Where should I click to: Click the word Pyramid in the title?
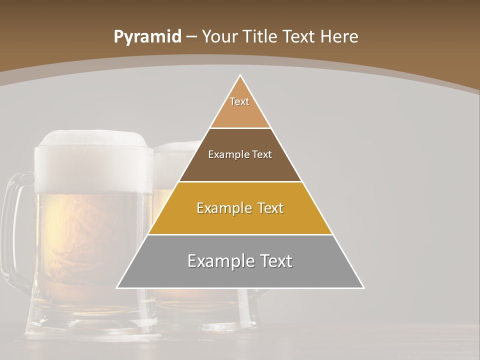tap(147, 37)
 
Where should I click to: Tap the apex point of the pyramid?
tap(240, 75)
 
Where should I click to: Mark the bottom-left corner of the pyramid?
tap(117, 287)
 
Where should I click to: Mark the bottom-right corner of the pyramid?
tap(363, 287)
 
